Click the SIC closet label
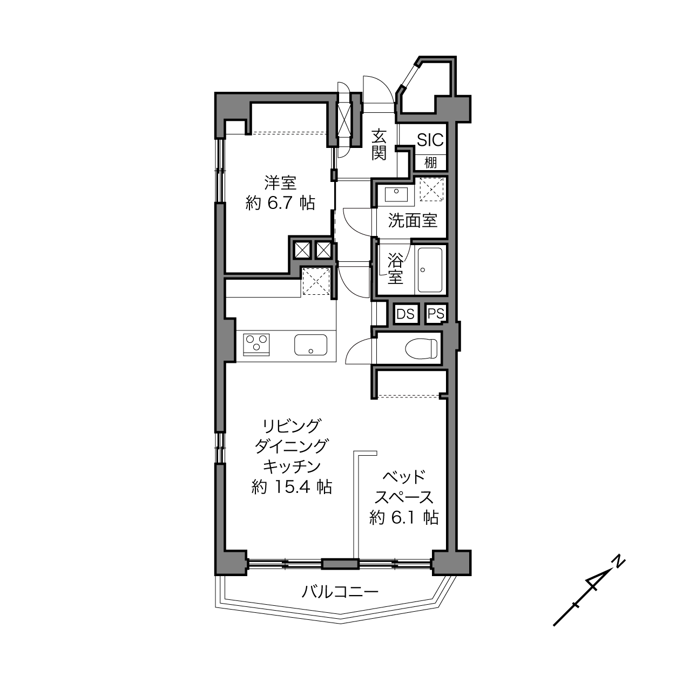[430, 140]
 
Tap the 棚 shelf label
[430, 163]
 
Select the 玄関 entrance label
[379, 144]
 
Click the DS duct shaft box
[405, 314]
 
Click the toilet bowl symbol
[421, 349]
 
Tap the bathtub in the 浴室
[430, 270]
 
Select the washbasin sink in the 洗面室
[396, 194]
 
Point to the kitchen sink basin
[311, 344]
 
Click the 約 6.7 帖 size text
[280, 203]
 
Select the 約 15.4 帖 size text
[292, 487]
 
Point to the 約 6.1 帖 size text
[404, 517]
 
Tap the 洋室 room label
[280, 183]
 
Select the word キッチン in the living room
[292, 467]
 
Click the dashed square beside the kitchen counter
[316, 281]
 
